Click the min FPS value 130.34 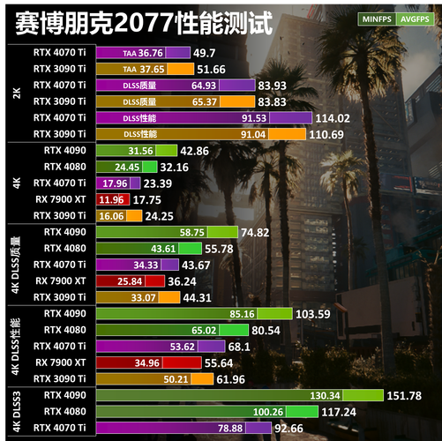pyautogui.click(x=361, y=394)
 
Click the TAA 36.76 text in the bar pyautogui.click(x=143, y=54)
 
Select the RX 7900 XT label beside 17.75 pyautogui.click(x=60, y=199)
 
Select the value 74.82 pyautogui.click(x=259, y=232)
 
